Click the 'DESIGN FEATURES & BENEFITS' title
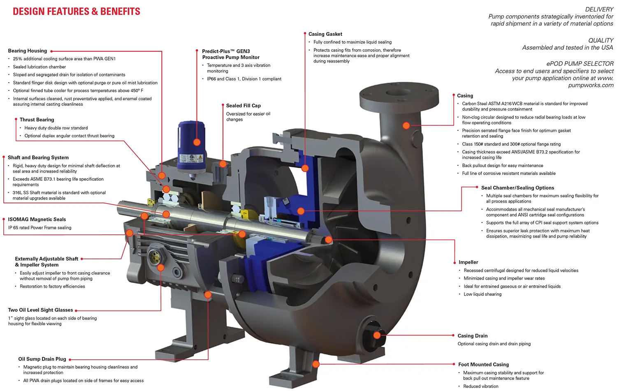[77, 12]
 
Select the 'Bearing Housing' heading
[28, 51]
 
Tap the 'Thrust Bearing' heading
[37, 120]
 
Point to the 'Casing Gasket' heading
[325, 34]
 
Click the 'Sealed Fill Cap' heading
[244, 106]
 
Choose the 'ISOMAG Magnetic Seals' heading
[37, 220]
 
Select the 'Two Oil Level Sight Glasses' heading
[40, 310]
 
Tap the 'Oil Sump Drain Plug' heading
[42, 359]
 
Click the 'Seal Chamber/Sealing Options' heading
[517, 188]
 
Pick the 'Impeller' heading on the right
[469, 262]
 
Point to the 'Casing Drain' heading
[473, 336]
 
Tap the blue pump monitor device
[192, 146]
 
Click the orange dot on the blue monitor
[197, 142]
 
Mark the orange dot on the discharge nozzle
[406, 125]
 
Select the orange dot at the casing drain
[377, 335]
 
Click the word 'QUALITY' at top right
[601, 40]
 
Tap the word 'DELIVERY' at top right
[599, 9]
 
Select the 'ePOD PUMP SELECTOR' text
[580, 64]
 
